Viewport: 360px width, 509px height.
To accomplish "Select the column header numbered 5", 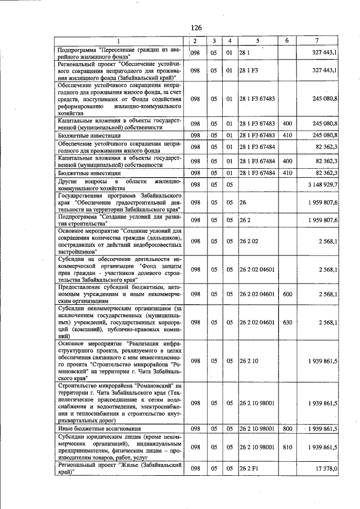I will coord(258,41).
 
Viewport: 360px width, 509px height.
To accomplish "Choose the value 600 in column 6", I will coord(287,294).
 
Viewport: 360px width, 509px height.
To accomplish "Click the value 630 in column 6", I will coord(287,322).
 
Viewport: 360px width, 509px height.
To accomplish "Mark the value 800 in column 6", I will coord(287,429).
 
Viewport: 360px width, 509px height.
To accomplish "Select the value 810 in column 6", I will coord(287,447).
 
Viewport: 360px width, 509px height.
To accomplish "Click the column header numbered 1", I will coord(118,41).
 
